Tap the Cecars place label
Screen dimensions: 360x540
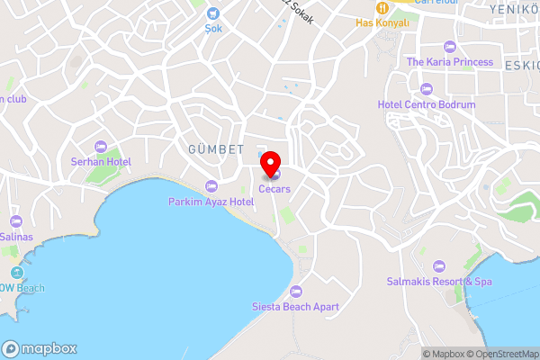[274, 188]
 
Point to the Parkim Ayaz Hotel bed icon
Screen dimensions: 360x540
[211, 186]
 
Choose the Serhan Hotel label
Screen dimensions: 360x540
[101, 162]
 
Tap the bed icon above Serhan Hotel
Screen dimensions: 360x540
[101, 147]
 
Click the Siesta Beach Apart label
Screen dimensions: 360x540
[296, 306]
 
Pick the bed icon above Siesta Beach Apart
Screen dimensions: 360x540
[296, 291]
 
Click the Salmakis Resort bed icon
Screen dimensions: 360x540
[438, 266]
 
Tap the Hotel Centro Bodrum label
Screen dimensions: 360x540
[427, 104]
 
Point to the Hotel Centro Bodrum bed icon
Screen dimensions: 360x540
[427, 88]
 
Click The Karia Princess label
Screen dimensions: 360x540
[450, 62]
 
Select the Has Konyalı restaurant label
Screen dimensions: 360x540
[382, 22]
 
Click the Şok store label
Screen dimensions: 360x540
[212, 28]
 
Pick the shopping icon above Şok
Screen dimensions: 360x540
[212, 13]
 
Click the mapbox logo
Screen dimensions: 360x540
[40, 348]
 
